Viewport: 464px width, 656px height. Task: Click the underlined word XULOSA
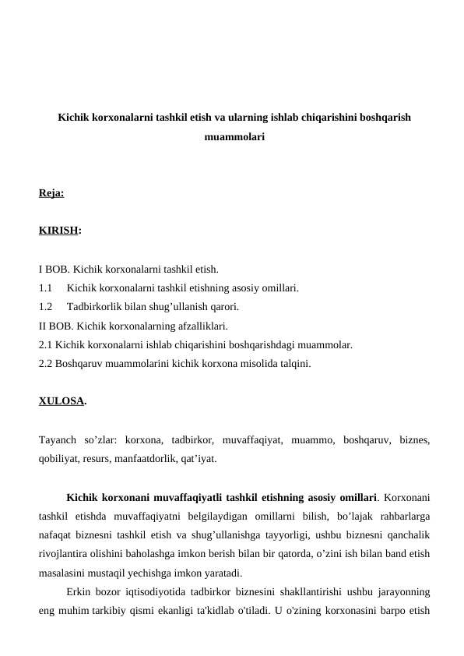point(61,402)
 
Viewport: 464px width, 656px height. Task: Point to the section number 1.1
point(45,288)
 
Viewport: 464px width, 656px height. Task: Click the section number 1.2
point(45,306)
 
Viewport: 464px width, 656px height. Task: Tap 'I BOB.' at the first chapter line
point(54,270)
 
